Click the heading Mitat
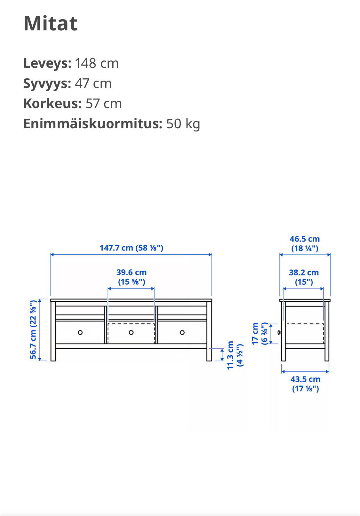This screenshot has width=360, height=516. (x=51, y=23)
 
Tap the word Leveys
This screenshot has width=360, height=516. (x=47, y=63)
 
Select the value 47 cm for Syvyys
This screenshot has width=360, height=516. (x=93, y=83)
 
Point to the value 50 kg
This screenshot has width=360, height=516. (x=183, y=124)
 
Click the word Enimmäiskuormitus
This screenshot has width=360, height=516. (x=93, y=124)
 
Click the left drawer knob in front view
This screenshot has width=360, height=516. (x=80, y=332)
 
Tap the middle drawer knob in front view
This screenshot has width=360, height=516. (x=131, y=332)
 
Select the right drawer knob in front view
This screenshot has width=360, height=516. (x=182, y=332)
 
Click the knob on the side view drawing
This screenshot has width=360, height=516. (x=280, y=333)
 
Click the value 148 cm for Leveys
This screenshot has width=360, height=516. (x=97, y=63)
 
